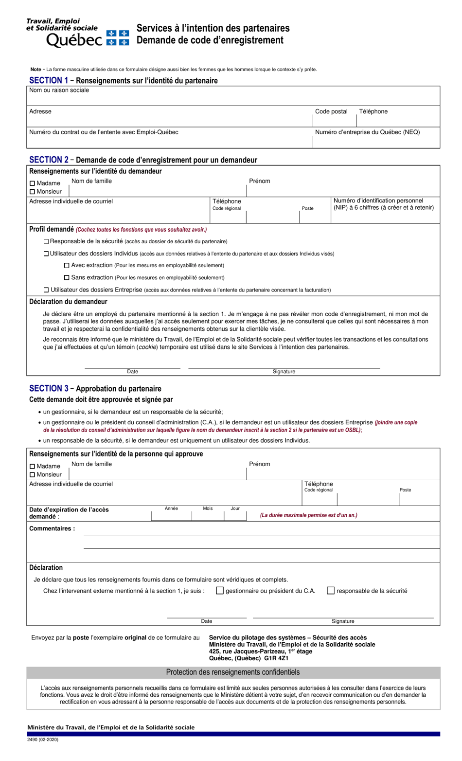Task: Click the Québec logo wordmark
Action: coord(74,40)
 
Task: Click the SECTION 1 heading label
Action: coord(49,80)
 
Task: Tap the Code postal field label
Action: coord(331,111)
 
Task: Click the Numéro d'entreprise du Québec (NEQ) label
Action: coord(367,132)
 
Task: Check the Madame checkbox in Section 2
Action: coord(33,183)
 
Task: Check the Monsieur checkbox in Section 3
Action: coord(33,475)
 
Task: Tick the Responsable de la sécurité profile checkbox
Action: coord(46,241)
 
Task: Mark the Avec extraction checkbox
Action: coord(67,266)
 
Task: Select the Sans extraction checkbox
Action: coord(67,278)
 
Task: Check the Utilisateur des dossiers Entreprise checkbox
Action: coord(46,290)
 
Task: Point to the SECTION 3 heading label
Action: coord(49,388)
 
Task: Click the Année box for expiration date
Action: coord(171,516)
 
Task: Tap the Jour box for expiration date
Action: coord(235,516)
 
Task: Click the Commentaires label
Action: coord(52,528)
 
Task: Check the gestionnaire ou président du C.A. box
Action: coord(220,591)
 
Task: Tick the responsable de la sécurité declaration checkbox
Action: coord(331,591)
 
